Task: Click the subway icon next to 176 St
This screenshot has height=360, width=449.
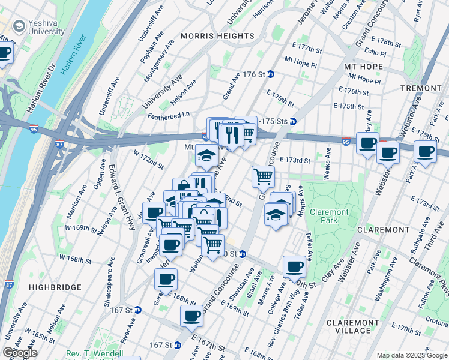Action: pos(271,74)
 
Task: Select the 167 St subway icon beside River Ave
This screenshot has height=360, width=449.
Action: pos(138,310)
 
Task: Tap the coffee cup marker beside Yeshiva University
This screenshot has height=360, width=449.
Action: pos(5,53)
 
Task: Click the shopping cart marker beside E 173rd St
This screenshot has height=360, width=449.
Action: pos(263,176)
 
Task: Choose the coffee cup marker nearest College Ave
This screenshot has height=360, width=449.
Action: pos(294,266)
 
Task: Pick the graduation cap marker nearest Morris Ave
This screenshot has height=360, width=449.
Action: pos(276,214)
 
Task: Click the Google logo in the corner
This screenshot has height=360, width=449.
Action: pos(20,353)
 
